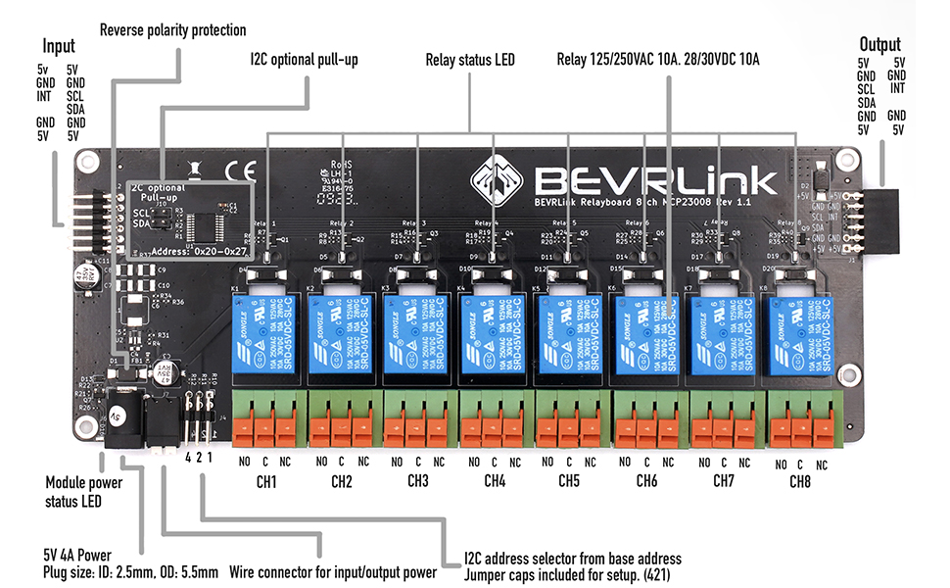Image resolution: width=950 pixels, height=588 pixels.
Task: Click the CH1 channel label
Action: (265, 482)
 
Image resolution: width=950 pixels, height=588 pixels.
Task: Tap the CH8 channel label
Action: (800, 483)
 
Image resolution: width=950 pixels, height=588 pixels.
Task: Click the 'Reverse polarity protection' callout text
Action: (173, 30)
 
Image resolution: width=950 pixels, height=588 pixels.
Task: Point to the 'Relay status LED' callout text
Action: (470, 60)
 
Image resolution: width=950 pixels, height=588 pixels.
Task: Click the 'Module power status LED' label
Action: (84, 491)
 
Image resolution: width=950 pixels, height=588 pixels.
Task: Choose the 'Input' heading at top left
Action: (58, 47)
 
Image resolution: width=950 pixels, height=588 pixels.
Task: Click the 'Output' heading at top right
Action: (879, 44)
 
